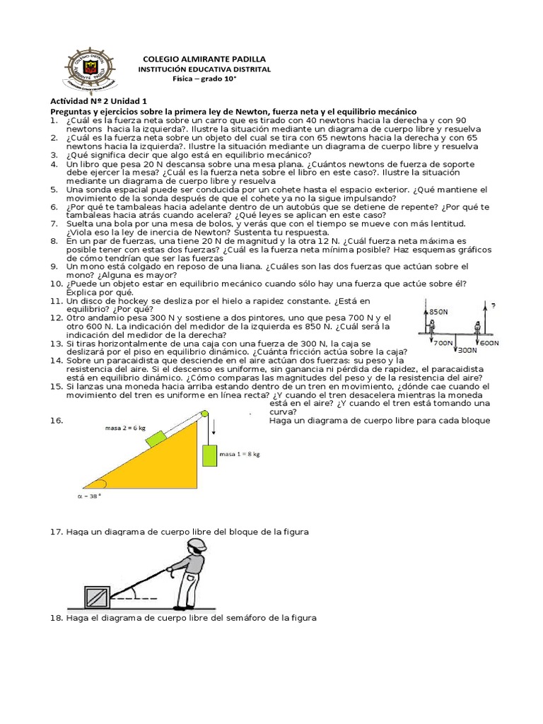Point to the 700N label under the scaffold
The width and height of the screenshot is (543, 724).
click(443, 342)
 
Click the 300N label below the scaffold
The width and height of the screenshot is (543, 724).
click(468, 349)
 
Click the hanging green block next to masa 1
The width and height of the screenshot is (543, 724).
click(209, 455)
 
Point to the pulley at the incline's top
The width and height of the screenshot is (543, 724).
click(205, 414)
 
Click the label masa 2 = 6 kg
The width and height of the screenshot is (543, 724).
click(127, 427)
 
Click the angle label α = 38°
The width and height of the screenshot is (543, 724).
click(89, 496)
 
